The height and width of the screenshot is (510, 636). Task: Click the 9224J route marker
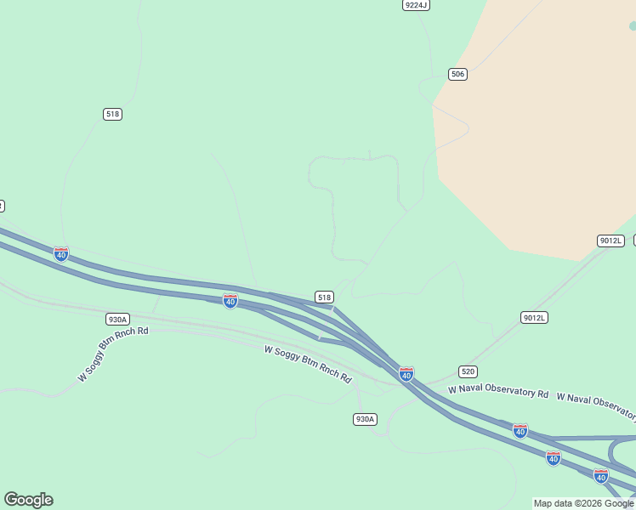(416, 5)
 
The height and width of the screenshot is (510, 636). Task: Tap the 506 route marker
(457, 75)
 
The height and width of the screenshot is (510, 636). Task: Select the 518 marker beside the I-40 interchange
(324, 297)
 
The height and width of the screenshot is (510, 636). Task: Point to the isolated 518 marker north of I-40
(112, 114)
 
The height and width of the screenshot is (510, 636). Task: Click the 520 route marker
(468, 371)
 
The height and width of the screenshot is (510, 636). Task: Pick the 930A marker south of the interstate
(364, 419)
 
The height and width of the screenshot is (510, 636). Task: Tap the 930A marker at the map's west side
(117, 320)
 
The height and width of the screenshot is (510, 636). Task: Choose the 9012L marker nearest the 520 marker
(534, 318)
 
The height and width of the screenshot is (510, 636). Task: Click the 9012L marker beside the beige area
(610, 241)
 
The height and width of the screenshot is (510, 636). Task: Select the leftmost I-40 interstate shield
(61, 254)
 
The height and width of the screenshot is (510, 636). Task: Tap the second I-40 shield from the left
(230, 301)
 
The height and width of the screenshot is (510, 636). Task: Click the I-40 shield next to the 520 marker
(406, 374)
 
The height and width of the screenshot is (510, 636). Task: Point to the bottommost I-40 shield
(601, 476)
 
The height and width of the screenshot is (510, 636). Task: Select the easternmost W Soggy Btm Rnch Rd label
(308, 363)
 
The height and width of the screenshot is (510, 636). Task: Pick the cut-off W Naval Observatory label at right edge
(596, 405)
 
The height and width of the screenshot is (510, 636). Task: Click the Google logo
(28, 500)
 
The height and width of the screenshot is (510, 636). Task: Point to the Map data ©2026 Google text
(583, 504)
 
